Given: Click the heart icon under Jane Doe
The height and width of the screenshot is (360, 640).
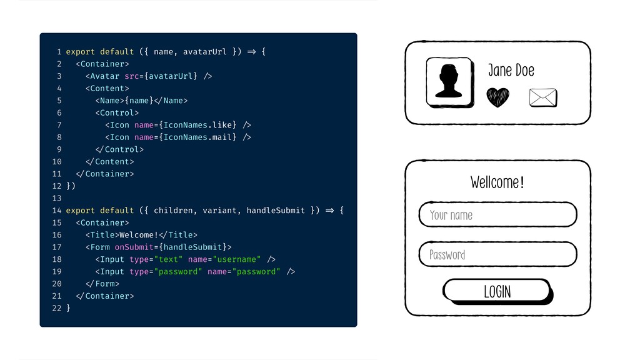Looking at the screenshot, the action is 497,97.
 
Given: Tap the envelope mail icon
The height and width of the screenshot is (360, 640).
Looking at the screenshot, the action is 542,97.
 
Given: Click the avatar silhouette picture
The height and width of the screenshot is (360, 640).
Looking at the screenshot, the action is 449,82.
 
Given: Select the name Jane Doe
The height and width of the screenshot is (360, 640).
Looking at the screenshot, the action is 511,71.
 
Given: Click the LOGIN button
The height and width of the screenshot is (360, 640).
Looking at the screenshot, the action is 497,291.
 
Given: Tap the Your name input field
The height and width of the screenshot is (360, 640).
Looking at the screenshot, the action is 497,214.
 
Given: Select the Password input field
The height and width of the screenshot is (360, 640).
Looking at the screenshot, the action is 497,254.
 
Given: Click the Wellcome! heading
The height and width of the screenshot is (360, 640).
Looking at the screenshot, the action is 497,182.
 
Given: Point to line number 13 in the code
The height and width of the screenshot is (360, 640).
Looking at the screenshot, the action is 57,198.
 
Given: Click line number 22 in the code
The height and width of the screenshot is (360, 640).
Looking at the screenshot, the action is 57,308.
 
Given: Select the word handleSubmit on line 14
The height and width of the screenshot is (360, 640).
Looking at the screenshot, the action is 276,211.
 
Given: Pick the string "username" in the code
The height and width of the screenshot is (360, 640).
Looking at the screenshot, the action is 237,259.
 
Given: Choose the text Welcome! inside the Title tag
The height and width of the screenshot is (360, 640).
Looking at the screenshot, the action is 139,235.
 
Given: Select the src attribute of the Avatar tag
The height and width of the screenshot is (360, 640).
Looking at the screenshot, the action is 131,76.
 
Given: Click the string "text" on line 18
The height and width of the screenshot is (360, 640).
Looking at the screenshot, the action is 168,259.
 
